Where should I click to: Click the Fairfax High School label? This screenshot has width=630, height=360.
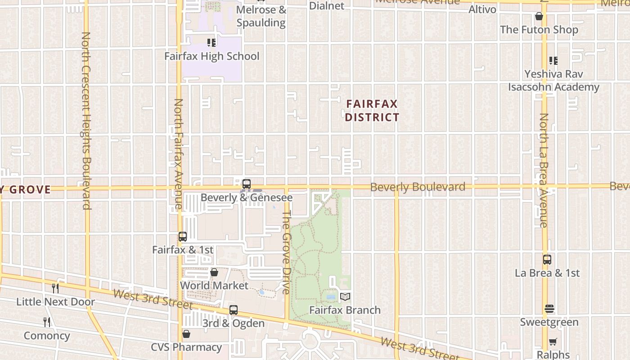(211, 56)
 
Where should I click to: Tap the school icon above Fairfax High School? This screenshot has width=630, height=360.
(211, 43)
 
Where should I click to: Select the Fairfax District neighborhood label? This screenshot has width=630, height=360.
(372, 111)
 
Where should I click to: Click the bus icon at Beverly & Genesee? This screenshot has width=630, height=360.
(246, 184)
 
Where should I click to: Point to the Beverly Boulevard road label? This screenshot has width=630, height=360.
(418, 187)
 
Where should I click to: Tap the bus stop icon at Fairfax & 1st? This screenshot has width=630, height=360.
(182, 237)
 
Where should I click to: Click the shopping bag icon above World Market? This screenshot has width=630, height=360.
(214, 272)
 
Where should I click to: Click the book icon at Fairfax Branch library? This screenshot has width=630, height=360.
(345, 297)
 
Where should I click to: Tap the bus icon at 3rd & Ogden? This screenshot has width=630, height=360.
(233, 310)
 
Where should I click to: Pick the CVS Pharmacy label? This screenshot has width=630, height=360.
(186, 347)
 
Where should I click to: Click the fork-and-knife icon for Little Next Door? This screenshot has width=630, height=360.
(55, 288)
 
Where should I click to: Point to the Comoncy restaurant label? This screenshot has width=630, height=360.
(47, 336)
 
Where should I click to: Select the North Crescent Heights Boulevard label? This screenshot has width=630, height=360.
(87, 121)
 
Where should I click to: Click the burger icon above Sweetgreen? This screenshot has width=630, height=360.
(549, 309)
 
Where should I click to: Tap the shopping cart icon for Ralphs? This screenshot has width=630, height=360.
(553, 342)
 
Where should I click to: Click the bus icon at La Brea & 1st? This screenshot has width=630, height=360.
(547, 260)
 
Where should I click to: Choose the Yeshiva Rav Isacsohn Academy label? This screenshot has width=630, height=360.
(553, 81)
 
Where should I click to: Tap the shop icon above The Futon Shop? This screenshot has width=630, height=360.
(539, 17)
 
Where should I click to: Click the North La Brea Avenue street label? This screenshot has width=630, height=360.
(544, 170)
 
